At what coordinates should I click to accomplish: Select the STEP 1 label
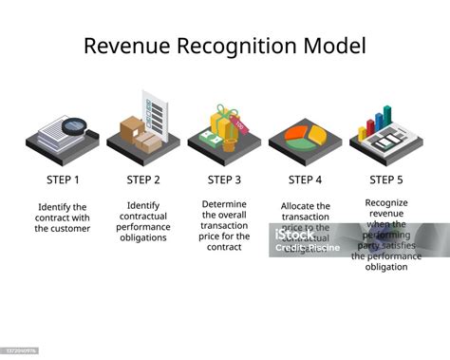[63, 179]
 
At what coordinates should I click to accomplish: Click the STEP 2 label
[144, 179]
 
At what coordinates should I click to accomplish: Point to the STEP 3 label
[225, 179]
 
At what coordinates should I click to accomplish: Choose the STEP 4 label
[306, 179]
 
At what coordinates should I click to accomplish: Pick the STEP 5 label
[386, 179]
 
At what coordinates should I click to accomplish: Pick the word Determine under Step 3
[226, 204]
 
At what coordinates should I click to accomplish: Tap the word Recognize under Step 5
[387, 202]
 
